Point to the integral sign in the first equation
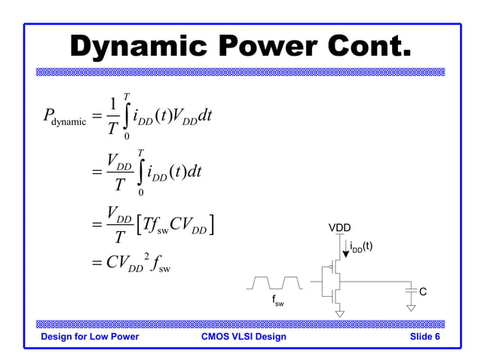coord(126,117)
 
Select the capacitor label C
coord(423,291)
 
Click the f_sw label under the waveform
coord(277,302)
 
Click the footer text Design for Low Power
coord(90,337)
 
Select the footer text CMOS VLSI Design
coord(244,337)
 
